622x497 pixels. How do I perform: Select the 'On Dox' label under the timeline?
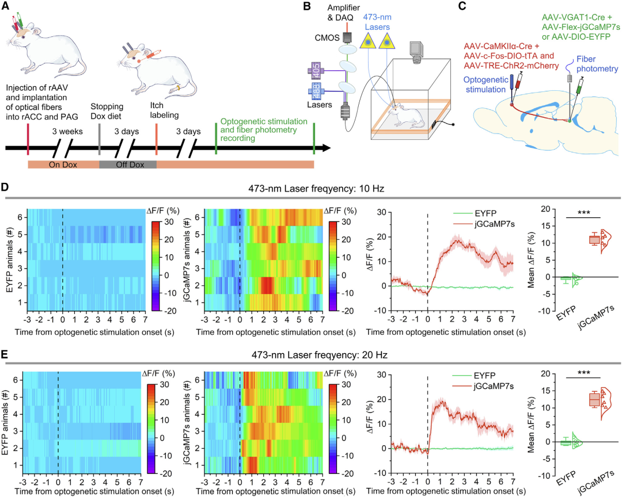63,165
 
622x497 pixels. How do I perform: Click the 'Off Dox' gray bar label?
127,165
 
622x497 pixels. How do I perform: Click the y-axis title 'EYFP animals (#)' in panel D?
10,259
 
